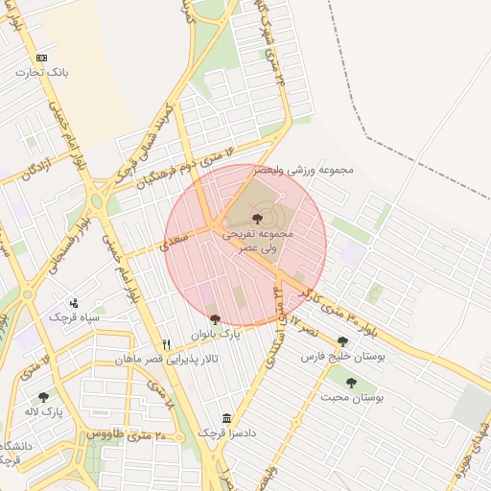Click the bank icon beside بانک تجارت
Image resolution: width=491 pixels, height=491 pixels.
point(41,58)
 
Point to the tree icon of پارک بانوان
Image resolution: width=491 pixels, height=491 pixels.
point(214,319)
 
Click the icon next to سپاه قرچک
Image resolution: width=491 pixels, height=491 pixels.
point(73,303)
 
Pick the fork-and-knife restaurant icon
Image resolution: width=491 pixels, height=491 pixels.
point(167,344)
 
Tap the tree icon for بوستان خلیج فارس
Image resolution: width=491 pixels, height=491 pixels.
point(342,340)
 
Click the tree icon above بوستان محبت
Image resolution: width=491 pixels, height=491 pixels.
point(350,382)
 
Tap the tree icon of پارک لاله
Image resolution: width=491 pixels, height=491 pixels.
point(43,397)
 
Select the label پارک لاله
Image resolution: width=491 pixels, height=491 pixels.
point(44,411)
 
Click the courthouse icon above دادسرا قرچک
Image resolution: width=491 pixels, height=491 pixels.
point(226,418)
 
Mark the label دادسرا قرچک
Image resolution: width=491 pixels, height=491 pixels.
point(223,433)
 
